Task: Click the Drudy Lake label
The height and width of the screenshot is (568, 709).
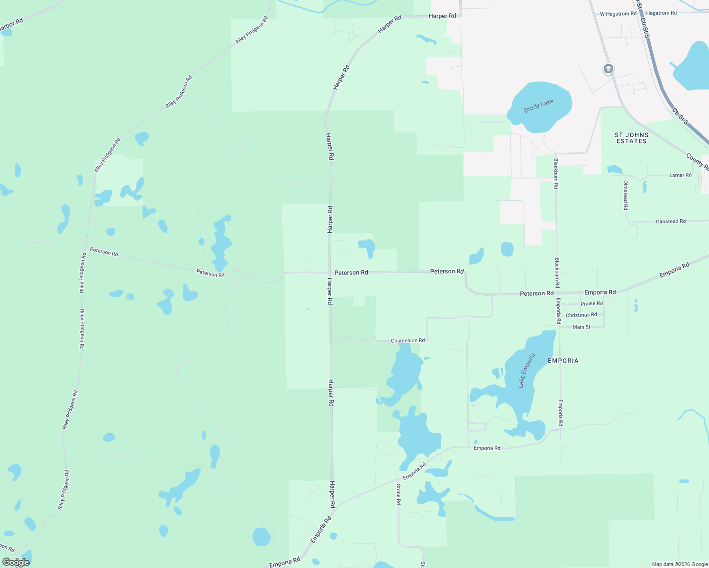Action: click(x=538, y=106)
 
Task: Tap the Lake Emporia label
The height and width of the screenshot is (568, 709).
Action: click(x=527, y=371)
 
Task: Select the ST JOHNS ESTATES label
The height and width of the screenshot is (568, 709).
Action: click(x=631, y=138)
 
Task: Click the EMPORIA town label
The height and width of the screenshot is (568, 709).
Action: click(x=563, y=361)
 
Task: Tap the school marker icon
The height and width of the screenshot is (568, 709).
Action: click(x=608, y=70)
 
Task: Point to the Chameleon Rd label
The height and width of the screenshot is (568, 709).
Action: click(x=408, y=340)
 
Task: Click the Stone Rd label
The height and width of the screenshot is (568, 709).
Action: click(x=399, y=494)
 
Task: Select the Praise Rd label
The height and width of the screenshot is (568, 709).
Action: click(x=591, y=303)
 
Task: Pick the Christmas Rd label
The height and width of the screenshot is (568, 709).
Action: click(x=581, y=315)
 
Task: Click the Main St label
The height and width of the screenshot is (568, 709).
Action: click(x=581, y=327)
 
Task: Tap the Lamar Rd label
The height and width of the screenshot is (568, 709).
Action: click(x=680, y=175)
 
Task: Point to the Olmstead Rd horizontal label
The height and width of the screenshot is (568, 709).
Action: click(x=671, y=221)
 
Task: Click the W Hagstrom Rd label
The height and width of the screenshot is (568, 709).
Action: click(x=618, y=14)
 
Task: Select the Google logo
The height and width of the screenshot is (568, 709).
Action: click(x=16, y=562)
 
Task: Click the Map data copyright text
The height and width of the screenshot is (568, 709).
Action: click(x=680, y=564)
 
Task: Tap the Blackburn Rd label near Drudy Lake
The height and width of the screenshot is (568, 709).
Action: click(x=556, y=173)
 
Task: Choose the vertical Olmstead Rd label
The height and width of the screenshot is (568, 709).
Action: click(x=626, y=195)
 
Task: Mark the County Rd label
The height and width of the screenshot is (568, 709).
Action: click(x=697, y=162)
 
